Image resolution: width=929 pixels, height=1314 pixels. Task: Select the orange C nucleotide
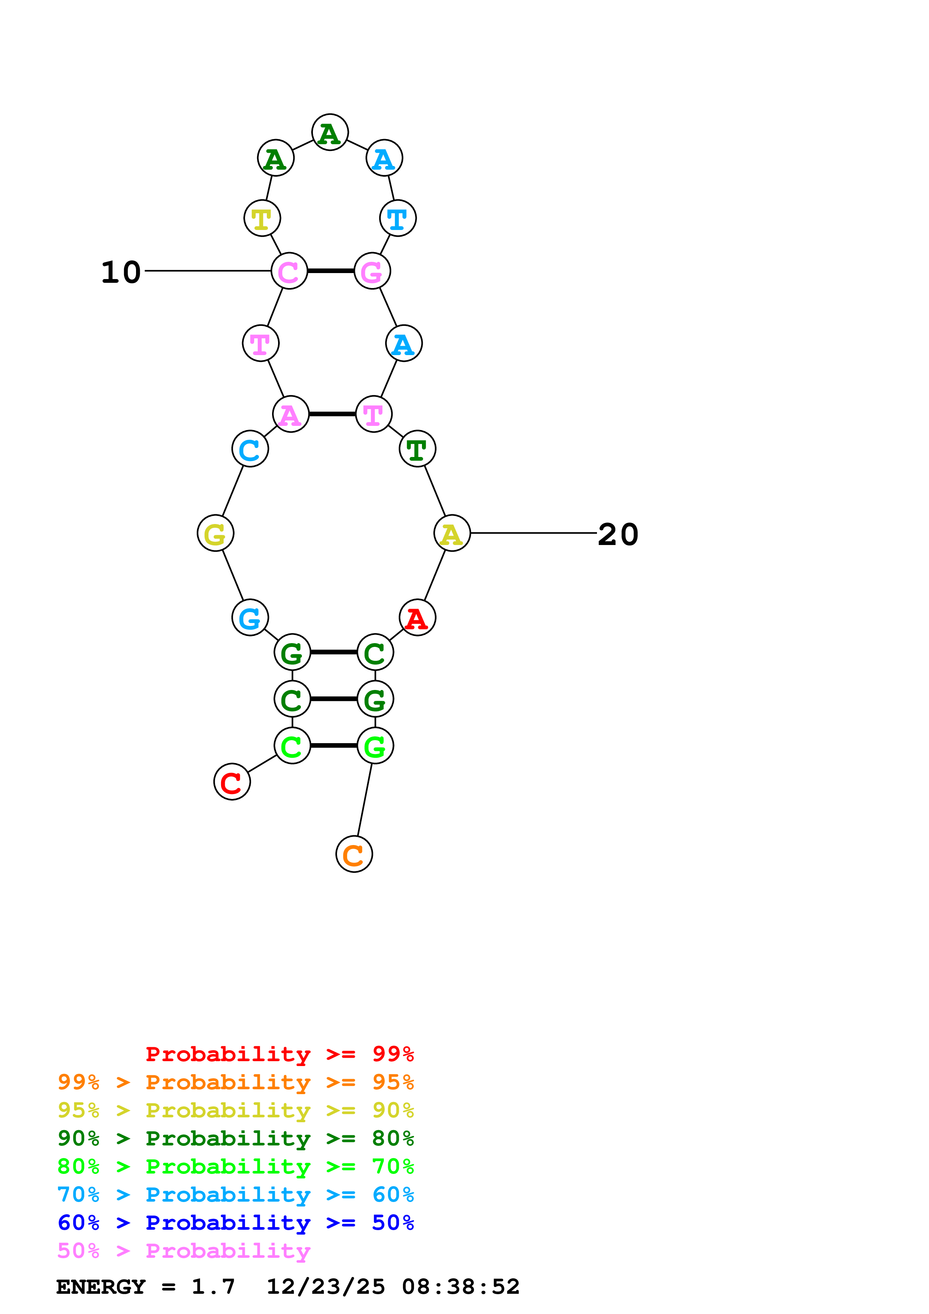coord(354,854)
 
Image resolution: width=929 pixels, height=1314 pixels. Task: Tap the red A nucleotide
coord(417,618)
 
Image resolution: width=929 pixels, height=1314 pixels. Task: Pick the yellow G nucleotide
coord(215,533)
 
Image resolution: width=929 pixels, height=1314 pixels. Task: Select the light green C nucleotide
coord(292,746)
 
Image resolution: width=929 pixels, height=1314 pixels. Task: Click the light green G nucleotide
coord(375,746)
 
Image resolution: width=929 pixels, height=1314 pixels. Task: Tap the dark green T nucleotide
coord(417,449)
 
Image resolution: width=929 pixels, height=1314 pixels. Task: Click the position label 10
coord(121,272)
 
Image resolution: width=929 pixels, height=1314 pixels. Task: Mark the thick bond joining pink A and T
coord(332,414)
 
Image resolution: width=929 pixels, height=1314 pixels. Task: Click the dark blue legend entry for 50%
coord(235,1223)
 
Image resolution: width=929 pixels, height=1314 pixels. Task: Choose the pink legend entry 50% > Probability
coord(184,1250)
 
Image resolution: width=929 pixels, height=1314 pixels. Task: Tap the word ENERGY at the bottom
coord(101,1287)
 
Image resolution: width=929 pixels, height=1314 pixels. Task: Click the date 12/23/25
coord(326,1287)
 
